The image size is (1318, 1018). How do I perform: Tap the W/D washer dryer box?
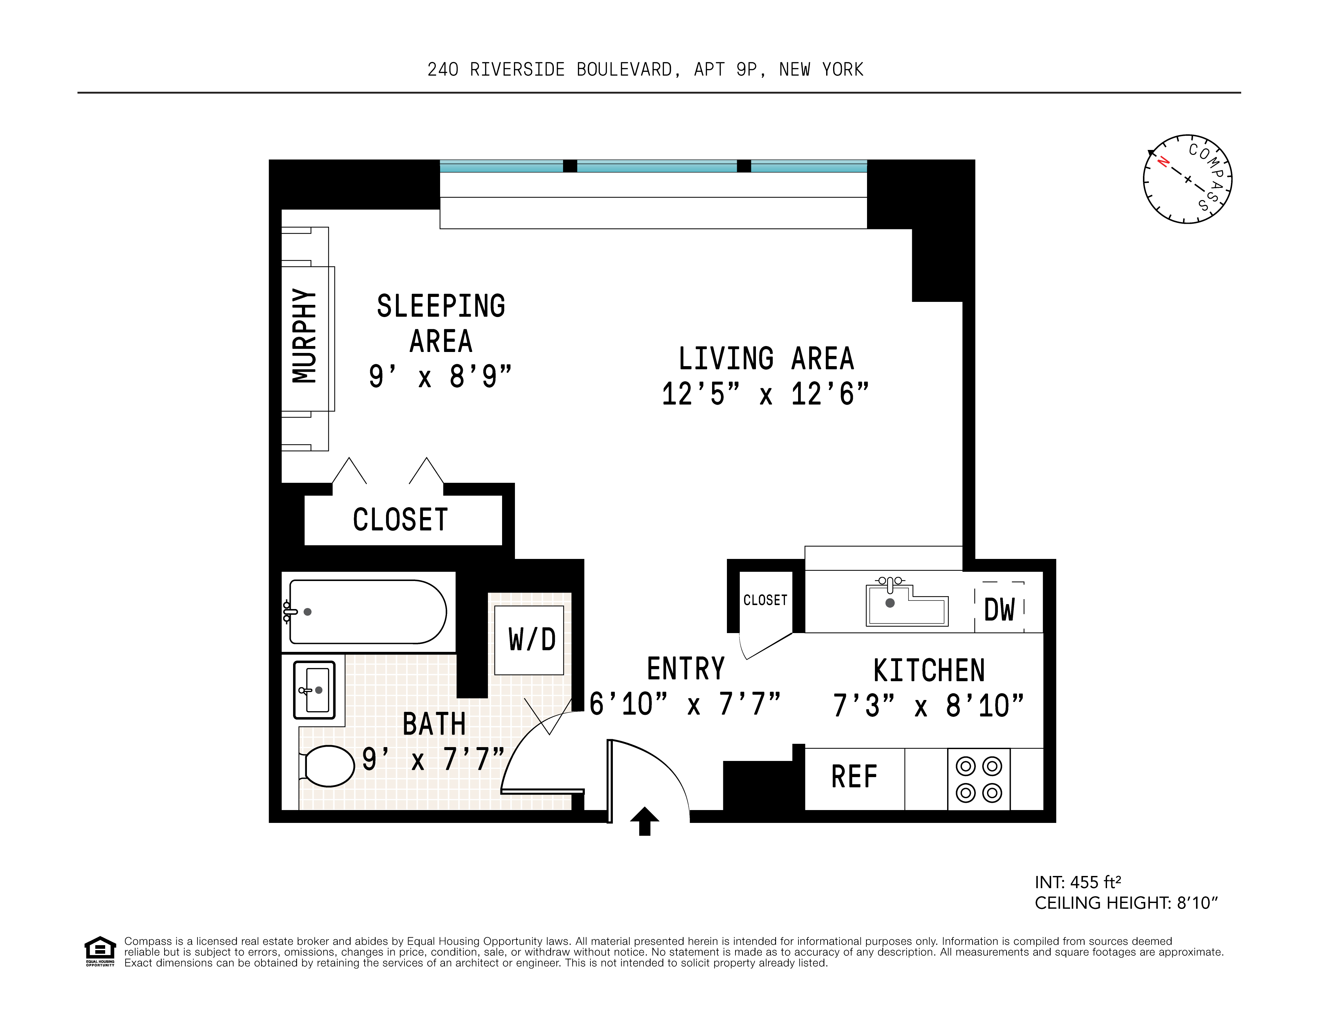529,640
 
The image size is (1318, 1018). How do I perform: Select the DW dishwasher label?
999,609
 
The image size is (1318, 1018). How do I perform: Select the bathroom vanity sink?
314,690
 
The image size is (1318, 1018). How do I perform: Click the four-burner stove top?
978,779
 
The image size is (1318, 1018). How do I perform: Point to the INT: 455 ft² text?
1077,882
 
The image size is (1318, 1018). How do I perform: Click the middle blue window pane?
657,166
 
